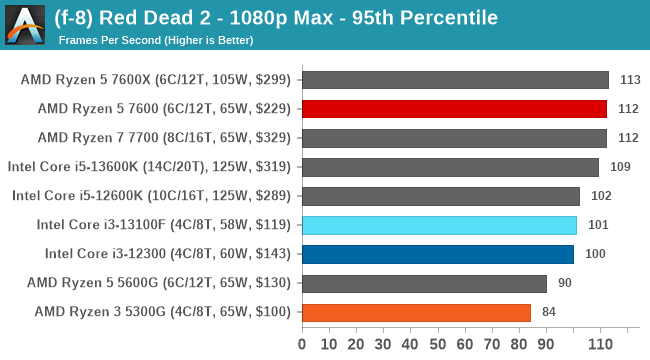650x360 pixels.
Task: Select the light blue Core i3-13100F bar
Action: [438, 225]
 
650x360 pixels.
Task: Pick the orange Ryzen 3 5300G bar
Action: [415, 312]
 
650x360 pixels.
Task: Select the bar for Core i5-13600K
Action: [449, 167]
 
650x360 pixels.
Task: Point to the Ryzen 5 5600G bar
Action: [423, 283]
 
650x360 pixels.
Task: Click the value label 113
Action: [630, 80]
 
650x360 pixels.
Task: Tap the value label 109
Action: [620, 167]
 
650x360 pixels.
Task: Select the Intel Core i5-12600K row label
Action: [151, 196]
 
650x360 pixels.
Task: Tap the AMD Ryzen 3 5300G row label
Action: [162, 312]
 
